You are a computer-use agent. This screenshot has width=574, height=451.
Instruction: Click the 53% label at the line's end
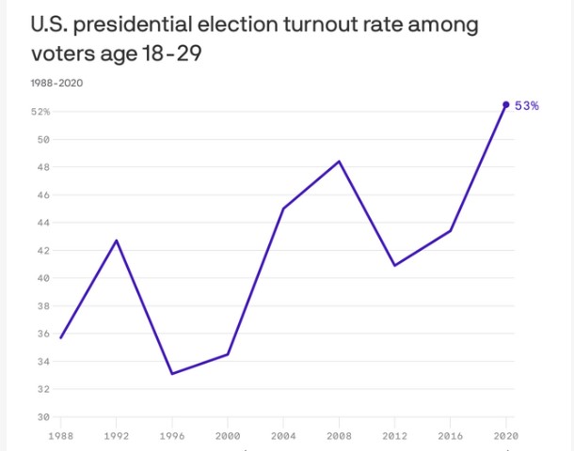(x=527, y=106)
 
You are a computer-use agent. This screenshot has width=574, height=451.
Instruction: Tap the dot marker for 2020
(x=506, y=104)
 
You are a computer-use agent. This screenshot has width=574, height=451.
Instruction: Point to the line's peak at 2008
(x=339, y=162)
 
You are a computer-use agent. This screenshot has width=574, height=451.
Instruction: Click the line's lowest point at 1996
(x=172, y=374)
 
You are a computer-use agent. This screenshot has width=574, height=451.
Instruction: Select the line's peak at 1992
(x=117, y=240)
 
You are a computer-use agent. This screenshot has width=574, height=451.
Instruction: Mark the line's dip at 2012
(x=394, y=266)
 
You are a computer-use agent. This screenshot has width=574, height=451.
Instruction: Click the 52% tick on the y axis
(x=40, y=112)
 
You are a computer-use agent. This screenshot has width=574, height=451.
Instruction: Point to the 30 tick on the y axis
(x=42, y=416)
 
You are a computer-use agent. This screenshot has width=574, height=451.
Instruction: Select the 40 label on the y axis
(x=42, y=278)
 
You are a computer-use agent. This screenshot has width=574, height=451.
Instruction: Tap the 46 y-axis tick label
(x=42, y=195)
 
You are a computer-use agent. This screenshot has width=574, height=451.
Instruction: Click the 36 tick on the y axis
(x=42, y=334)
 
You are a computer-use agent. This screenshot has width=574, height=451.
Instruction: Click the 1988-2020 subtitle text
(x=56, y=83)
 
